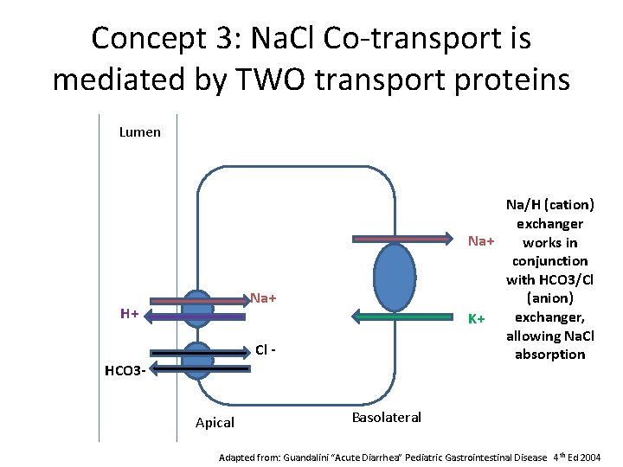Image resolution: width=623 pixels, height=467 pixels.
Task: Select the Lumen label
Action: (139, 132)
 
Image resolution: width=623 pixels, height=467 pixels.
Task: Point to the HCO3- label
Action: (125, 371)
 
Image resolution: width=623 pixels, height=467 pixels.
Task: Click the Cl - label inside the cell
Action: (267, 350)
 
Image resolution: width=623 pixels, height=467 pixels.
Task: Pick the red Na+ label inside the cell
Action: (264, 298)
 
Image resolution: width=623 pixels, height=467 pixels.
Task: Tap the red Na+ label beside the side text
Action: (481, 240)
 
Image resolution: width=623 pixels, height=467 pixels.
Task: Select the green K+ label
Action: (476, 319)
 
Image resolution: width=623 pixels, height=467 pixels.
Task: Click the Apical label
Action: (215, 423)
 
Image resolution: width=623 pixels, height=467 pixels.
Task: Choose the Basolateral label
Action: (387, 418)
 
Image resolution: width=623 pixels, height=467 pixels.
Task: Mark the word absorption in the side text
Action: (549, 354)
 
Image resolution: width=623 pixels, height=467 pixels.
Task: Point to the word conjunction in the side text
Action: (549, 260)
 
